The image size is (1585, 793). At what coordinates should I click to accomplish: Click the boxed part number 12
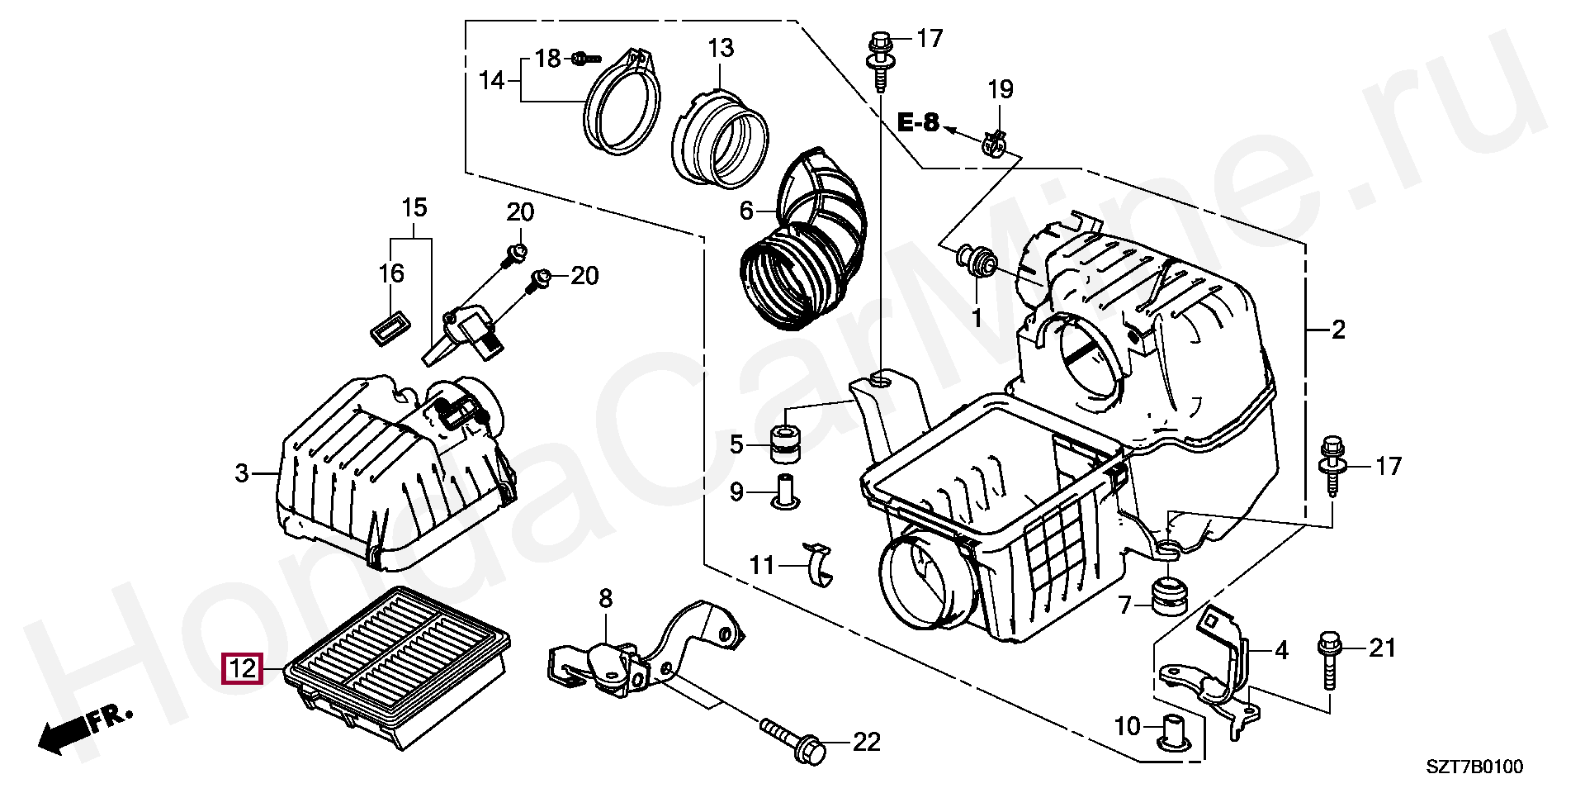coord(242,668)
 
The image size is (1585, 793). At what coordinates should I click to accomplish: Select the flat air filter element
coord(397,667)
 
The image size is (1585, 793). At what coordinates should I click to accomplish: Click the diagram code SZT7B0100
coord(1475,767)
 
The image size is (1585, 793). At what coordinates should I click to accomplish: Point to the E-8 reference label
coord(918,123)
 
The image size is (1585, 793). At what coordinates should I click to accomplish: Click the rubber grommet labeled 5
coord(787,443)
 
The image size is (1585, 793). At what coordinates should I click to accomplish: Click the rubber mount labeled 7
coord(1169,596)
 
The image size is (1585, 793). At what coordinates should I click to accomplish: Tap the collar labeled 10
coord(1173,731)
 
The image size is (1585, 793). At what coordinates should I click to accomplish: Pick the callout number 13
coord(721,48)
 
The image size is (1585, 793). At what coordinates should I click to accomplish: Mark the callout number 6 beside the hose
coord(746,211)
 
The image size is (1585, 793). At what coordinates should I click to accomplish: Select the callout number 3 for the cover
coord(241,473)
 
